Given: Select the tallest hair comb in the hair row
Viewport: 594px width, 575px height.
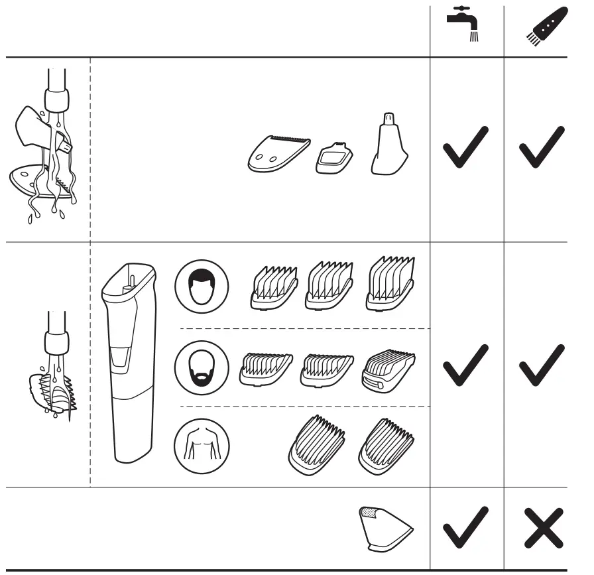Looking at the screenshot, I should point(390,284).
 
